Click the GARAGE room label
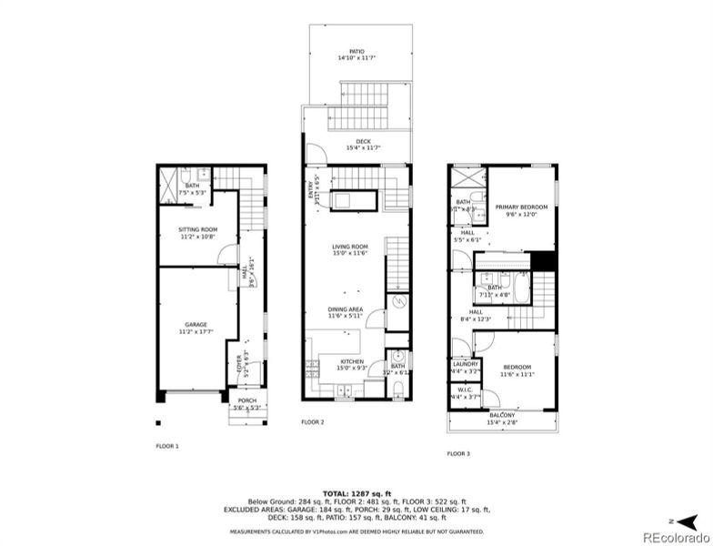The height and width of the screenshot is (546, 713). (x=196, y=325)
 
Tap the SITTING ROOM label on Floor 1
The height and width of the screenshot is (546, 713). (x=197, y=229)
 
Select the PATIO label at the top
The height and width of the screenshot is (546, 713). (x=357, y=52)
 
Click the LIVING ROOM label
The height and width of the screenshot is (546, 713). (x=349, y=246)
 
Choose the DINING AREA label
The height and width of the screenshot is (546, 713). (x=346, y=309)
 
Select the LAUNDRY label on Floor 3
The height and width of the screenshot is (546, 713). (x=466, y=364)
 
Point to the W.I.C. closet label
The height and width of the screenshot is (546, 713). (x=464, y=389)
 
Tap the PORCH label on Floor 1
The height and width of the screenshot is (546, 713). (x=246, y=400)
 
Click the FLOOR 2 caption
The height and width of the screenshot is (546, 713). (x=312, y=422)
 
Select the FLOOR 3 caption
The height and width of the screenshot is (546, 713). (x=457, y=452)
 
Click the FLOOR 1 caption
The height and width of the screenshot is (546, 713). (x=166, y=446)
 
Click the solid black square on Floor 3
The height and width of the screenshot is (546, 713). (x=544, y=260)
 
